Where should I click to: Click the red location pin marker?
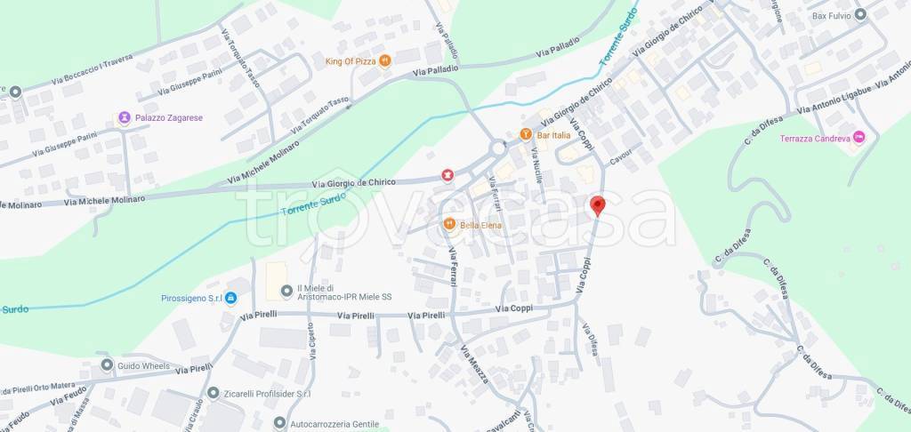[x=598, y=205]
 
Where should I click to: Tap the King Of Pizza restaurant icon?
[x=385, y=60]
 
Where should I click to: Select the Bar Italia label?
[x=553, y=134]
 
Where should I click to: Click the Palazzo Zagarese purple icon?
[x=125, y=117]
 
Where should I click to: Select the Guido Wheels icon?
[x=107, y=365]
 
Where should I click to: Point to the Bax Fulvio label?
[x=831, y=15]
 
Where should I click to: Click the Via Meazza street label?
[x=474, y=364]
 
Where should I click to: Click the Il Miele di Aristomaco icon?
[x=286, y=291]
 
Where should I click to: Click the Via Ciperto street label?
[x=314, y=340]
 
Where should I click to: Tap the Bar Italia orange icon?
[x=526, y=134]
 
